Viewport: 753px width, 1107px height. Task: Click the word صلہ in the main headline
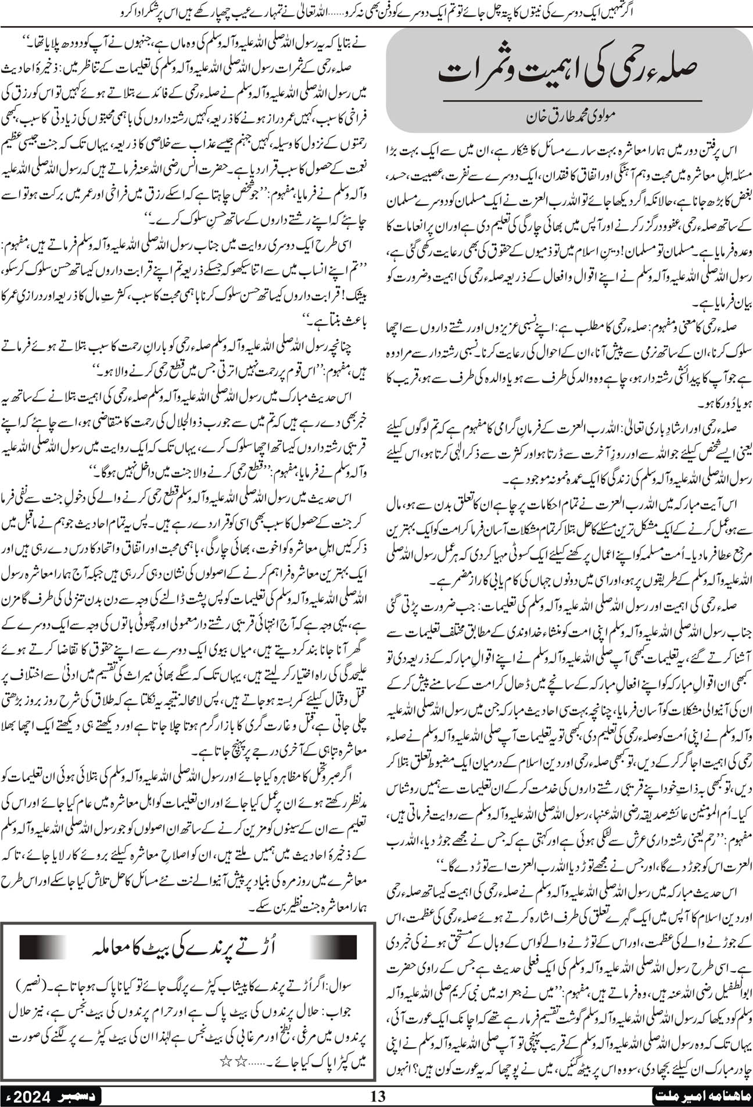click(x=673, y=74)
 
